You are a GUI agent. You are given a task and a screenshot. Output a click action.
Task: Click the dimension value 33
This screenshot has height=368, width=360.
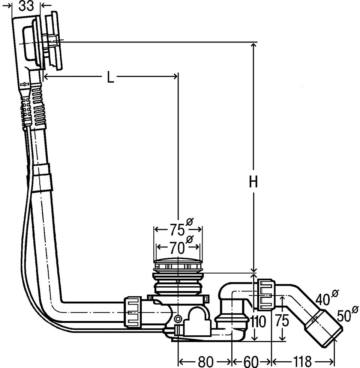click(x=26, y=6)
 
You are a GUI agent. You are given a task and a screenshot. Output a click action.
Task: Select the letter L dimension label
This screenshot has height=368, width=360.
click(x=110, y=77)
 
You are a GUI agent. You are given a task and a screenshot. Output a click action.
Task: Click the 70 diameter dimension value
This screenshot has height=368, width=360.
click(x=181, y=247)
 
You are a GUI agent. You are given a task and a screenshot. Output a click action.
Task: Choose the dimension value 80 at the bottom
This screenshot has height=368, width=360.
click(x=205, y=362)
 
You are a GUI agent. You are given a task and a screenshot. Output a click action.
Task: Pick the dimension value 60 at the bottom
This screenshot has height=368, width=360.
click(x=251, y=362)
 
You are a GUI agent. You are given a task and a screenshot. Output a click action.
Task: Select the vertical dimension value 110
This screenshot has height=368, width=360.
click(x=258, y=321)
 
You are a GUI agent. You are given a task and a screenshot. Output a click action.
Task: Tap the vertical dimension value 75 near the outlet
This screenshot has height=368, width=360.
click(x=282, y=321)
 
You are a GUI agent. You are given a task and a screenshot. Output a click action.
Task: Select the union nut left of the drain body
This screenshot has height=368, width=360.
click(x=133, y=312)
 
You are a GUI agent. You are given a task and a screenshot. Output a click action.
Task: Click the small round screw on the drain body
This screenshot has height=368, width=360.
click(x=178, y=319)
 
